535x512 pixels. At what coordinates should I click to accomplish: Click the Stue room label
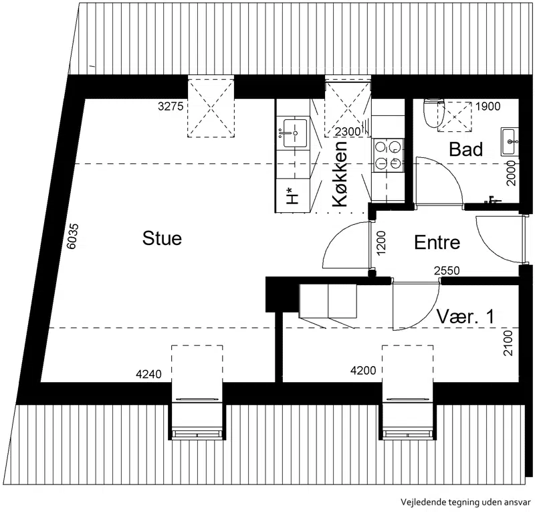tap(162, 238)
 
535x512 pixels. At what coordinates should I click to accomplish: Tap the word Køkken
tap(340, 174)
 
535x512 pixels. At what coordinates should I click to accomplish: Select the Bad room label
tap(465, 149)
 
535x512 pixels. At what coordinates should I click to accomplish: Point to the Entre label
tap(437, 242)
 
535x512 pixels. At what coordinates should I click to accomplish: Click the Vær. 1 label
tap(465, 317)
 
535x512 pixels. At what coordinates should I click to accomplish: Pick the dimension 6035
tap(72, 236)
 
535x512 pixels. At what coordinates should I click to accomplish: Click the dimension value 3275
tap(171, 106)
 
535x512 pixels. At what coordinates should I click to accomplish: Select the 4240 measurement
tap(148, 374)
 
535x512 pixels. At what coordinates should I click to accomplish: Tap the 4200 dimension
tap(363, 370)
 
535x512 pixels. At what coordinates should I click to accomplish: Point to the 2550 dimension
tap(447, 271)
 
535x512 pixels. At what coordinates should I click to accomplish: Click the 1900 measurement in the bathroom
tap(488, 106)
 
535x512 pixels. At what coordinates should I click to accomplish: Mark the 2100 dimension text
tap(508, 343)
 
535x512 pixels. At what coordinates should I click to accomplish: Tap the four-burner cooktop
tap(388, 155)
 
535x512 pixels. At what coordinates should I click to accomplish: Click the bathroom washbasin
tap(510, 141)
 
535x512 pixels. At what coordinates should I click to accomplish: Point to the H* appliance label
tap(293, 196)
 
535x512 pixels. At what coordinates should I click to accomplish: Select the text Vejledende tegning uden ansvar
tap(465, 502)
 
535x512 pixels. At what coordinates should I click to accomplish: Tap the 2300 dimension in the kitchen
tap(348, 131)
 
